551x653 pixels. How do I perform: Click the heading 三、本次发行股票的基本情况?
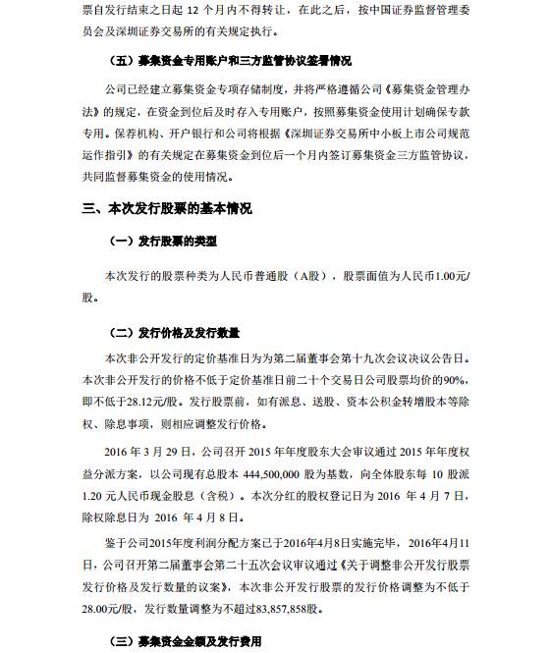[x=167, y=209]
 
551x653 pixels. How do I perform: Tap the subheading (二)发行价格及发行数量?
[x=178, y=334]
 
